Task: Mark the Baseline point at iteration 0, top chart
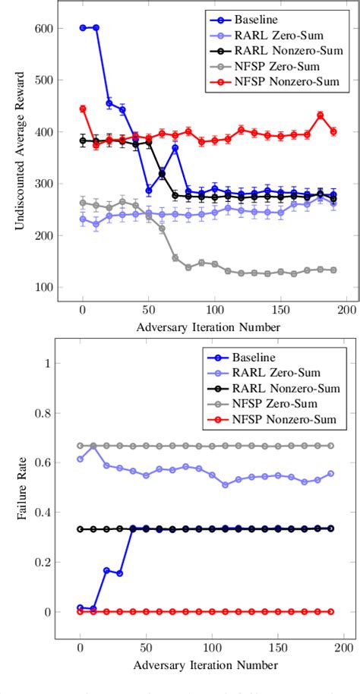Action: pos(83,28)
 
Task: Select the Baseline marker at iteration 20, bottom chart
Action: pos(109,569)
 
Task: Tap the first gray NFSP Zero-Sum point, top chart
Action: pos(83,202)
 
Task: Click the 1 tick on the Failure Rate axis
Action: pos(47,363)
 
